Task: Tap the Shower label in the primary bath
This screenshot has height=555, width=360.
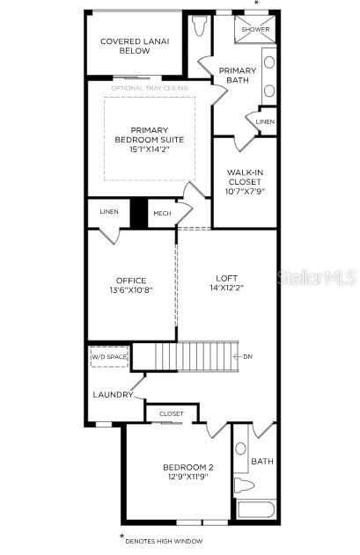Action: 256,29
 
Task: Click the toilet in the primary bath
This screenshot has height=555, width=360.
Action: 198,26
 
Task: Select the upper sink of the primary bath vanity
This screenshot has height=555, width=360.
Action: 268,62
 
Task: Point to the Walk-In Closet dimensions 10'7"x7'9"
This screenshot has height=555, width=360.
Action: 246,190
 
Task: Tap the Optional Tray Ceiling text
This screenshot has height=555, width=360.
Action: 149,88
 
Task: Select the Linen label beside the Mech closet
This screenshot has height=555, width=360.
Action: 108,212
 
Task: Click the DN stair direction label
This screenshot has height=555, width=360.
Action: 247,356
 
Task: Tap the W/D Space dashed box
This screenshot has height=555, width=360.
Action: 109,357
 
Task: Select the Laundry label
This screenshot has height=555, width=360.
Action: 113,394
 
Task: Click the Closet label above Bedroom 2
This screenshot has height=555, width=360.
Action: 172,413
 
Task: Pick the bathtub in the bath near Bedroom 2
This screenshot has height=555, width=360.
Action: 255,509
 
